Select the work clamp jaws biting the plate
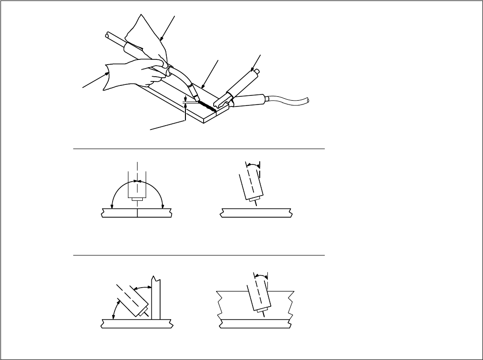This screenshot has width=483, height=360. point(221,102)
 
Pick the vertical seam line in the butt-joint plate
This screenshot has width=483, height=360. point(137,213)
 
